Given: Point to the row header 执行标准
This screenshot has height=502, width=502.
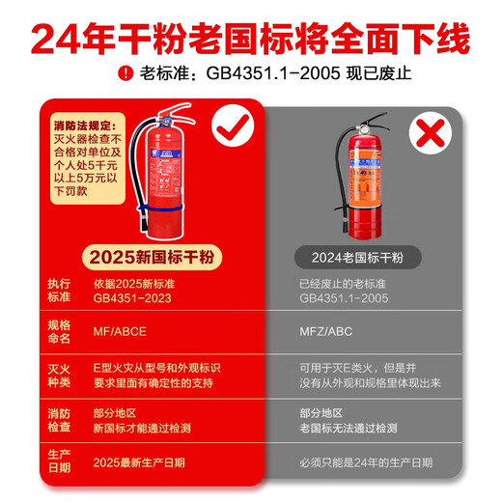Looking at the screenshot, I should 59,291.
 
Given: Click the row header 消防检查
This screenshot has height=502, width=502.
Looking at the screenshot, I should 59,420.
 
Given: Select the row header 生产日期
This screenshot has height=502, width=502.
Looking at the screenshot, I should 59,461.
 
